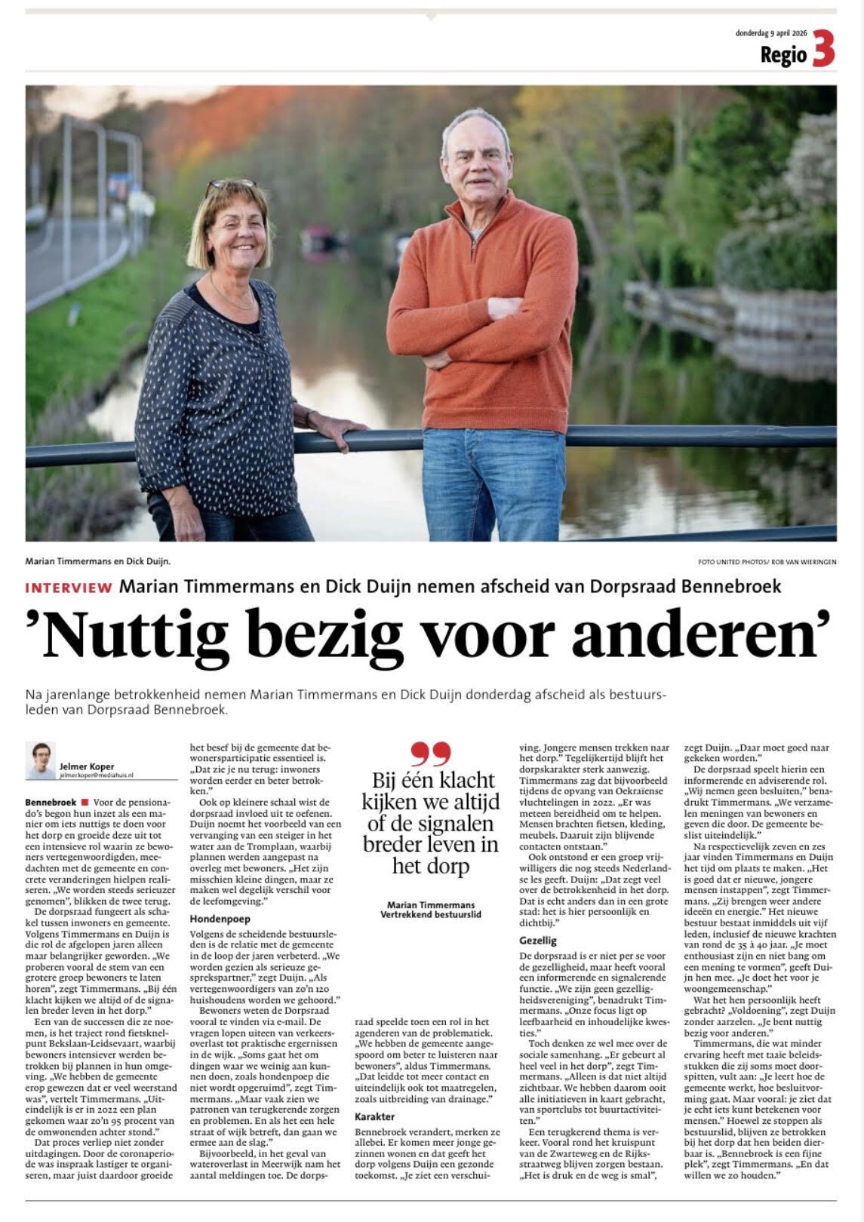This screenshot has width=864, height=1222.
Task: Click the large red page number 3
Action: tap(823, 51)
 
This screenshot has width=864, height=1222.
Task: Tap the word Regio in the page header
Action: tap(783, 54)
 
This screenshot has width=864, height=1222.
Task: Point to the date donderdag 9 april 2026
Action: tap(771, 32)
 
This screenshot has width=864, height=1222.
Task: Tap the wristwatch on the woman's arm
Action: tap(309, 417)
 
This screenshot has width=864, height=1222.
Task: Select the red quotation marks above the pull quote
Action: tap(431, 753)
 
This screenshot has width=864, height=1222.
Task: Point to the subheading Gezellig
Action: tap(538, 941)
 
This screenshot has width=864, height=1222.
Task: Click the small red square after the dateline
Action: tap(85, 803)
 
